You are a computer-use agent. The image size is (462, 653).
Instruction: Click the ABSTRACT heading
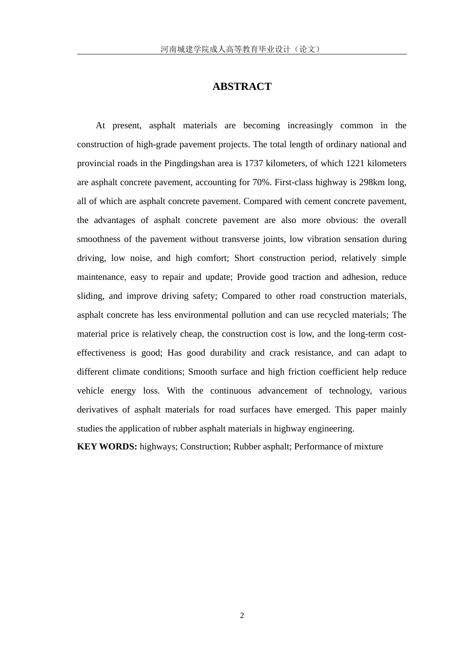(242, 86)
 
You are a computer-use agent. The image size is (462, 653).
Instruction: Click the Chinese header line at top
(242, 49)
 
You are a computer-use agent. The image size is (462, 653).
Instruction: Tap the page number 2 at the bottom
(242, 616)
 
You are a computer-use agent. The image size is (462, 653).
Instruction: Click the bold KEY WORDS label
(107, 447)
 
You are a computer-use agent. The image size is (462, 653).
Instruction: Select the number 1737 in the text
(254, 163)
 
